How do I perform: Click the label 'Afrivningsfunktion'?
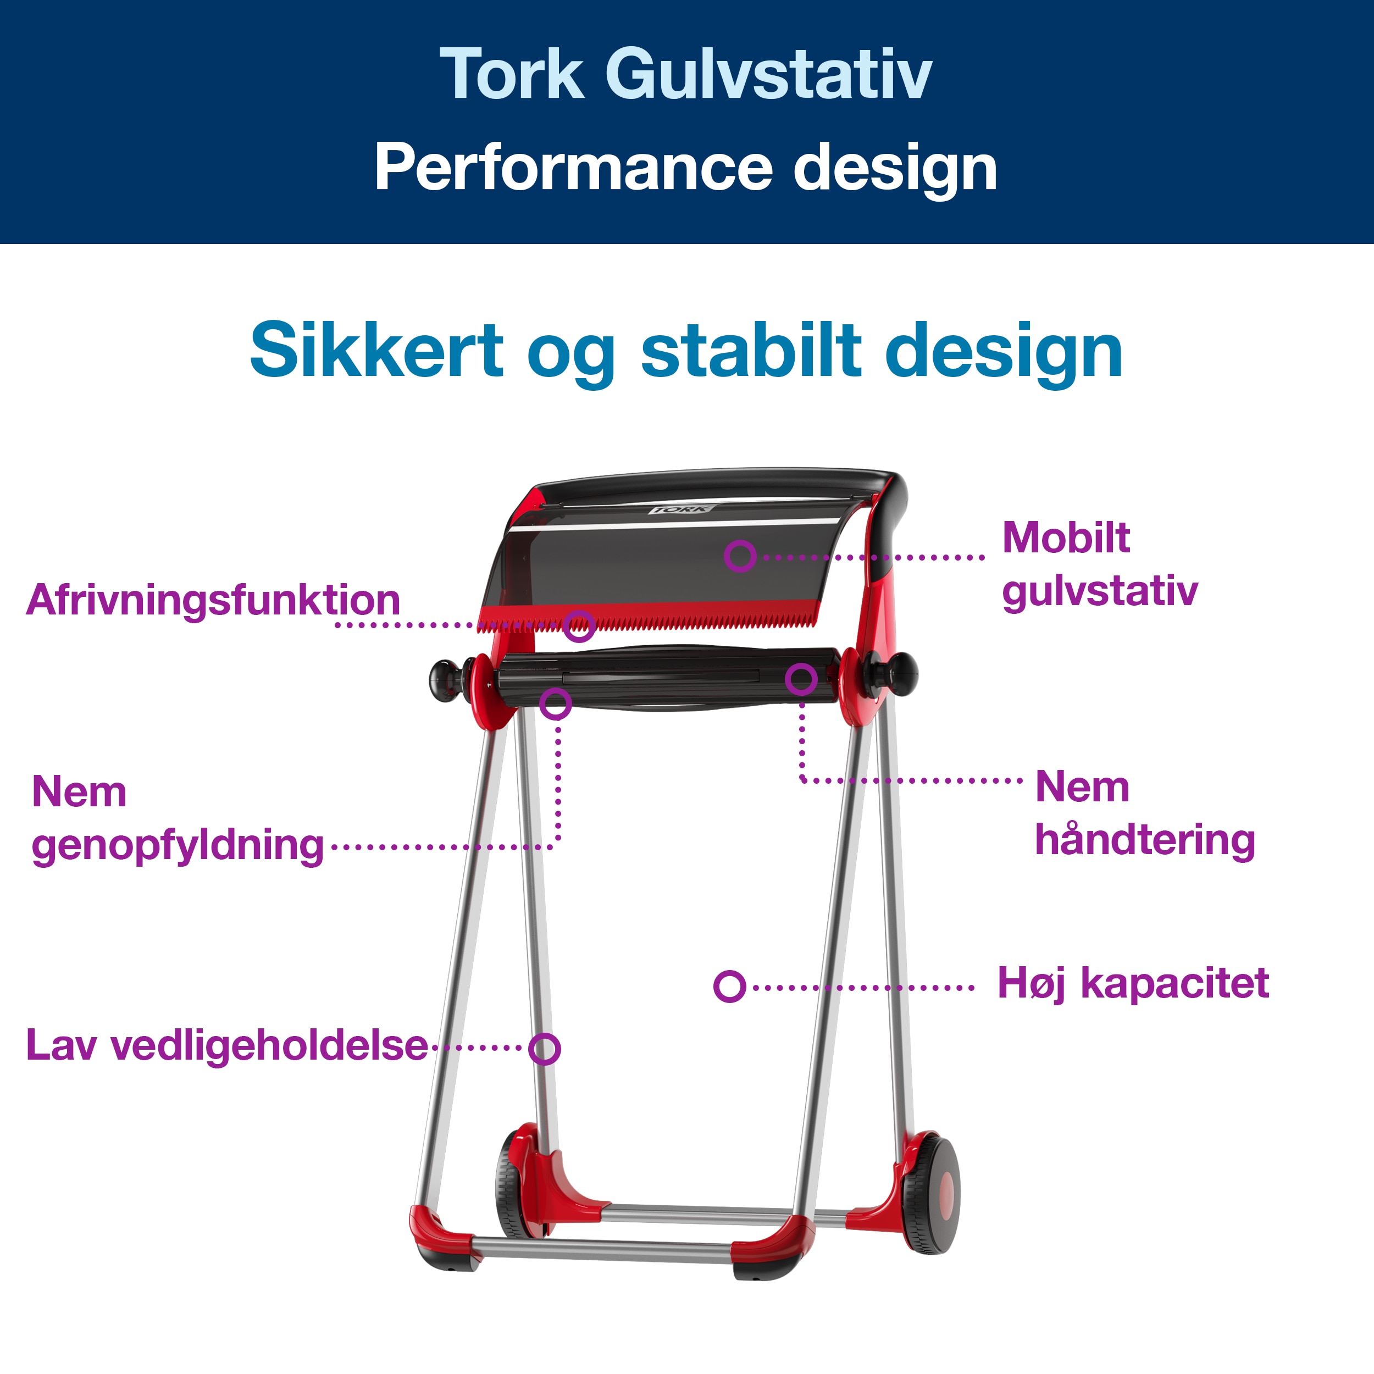(213, 600)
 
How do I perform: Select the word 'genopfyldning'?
(178, 846)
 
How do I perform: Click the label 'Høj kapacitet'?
(1133, 984)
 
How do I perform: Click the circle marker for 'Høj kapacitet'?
(730, 987)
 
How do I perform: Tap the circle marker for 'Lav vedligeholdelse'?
(545, 1049)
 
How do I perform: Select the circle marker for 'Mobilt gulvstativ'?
(740, 556)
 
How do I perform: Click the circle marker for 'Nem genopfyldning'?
(556, 704)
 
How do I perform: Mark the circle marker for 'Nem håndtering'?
(801, 679)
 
